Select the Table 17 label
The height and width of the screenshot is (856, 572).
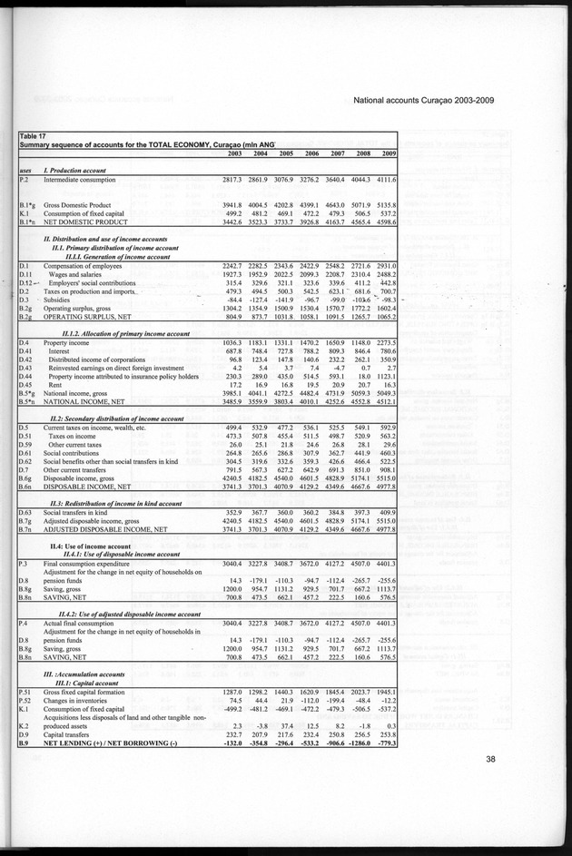point(37,136)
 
